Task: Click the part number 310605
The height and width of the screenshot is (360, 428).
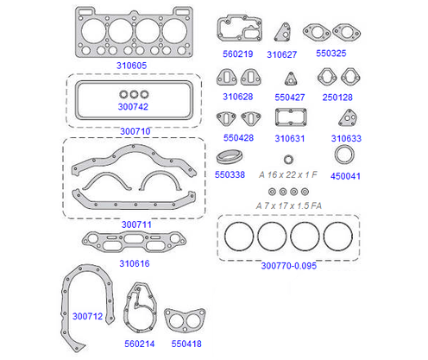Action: pos(131,66)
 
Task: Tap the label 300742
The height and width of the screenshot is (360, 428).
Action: pos(133,107)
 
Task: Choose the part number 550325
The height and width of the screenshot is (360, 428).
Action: pos(331,54)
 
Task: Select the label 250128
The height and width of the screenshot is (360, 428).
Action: pos(337,98)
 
